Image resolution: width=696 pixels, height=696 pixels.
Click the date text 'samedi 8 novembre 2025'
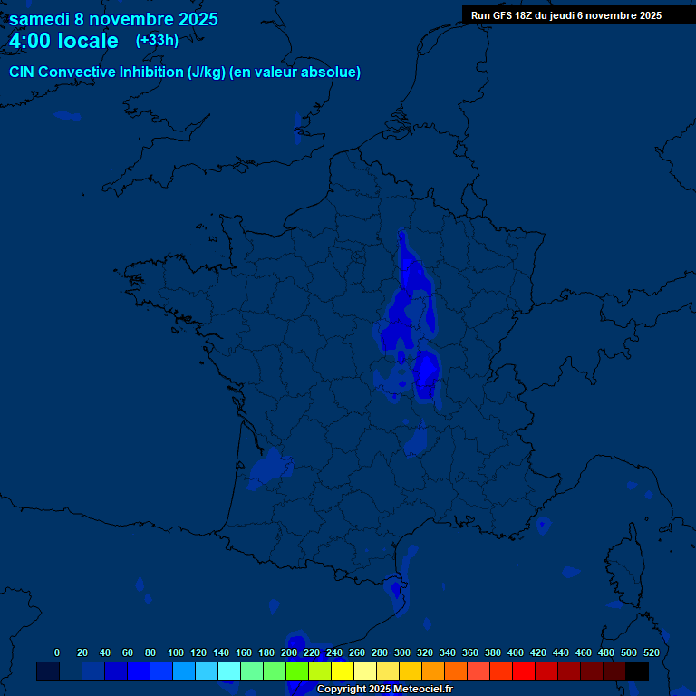pos(113,19)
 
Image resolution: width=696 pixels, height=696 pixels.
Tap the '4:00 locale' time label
pos(63,41)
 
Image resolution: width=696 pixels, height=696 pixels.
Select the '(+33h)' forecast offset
pos(157,41)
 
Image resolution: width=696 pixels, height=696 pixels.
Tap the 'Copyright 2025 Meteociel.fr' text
pos(384,689)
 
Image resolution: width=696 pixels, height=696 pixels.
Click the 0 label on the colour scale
pos(57,652)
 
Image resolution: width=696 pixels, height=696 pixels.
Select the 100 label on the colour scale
pos(176,652)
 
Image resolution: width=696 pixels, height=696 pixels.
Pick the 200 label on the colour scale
pos(289,652)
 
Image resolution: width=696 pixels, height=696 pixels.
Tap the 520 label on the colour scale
pos(652,652)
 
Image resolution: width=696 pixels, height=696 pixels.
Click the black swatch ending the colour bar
pos(637,671)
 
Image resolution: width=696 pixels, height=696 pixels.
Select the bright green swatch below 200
pos(297,671)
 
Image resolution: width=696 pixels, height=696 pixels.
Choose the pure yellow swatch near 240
pos(343,671)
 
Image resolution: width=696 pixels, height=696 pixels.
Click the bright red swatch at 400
pos(524,671)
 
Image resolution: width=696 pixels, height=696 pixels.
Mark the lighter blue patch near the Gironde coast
pos(270,467)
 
